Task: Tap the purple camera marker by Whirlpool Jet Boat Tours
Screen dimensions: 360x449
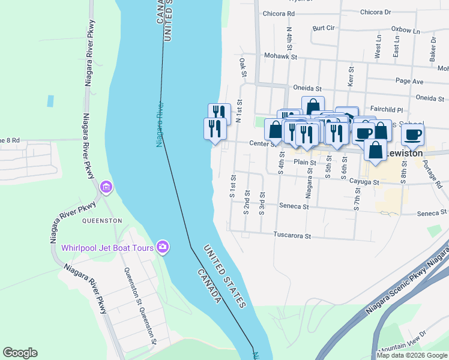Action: tap(162, 247)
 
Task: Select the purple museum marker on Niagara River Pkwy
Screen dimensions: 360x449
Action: tap(106, 188)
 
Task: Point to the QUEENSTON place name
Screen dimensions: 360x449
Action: tap(102, 221)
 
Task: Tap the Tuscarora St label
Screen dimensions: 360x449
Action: tap(292, 236)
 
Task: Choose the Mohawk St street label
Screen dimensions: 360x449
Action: tap(281, 56)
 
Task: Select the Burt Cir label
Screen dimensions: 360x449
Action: tap(323, 28)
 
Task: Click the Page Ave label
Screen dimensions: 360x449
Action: tap(410, 82)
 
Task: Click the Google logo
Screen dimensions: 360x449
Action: tap(20, 353)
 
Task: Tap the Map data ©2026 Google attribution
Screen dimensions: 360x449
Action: tap(412, 355)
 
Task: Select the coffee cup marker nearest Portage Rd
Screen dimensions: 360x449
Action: tap(412, 135)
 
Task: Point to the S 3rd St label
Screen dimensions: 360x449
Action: tap(262, 203)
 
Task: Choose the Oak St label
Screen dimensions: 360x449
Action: tap(243, 68)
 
